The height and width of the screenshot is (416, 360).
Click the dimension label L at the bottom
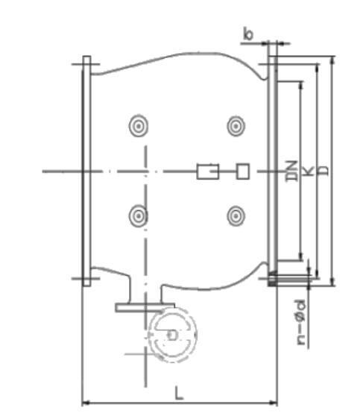point(178,391)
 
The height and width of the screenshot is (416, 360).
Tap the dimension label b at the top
point(248,34)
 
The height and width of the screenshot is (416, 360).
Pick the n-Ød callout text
point(300,323)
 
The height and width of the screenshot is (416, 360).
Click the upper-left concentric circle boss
point(139,126)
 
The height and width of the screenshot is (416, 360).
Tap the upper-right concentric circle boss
point(237,126)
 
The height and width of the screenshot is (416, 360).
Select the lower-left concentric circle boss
point(139,216)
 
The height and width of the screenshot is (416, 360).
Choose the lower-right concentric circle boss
point(237,216)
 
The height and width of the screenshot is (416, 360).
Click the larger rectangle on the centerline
point(207,171)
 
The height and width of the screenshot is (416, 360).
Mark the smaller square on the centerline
point(242,171)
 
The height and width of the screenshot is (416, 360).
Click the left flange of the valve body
point(86,171)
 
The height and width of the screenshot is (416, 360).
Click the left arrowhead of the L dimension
point(84,403)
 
